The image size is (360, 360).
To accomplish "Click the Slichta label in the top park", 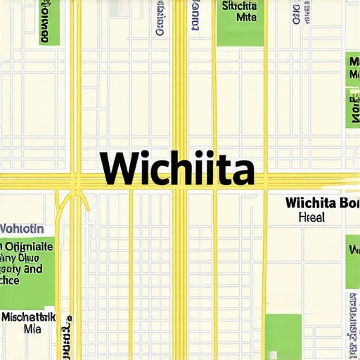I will pos(239,6).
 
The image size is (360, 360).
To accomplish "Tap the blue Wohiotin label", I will pos(22,229).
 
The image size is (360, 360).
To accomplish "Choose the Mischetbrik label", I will pos(29,316).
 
